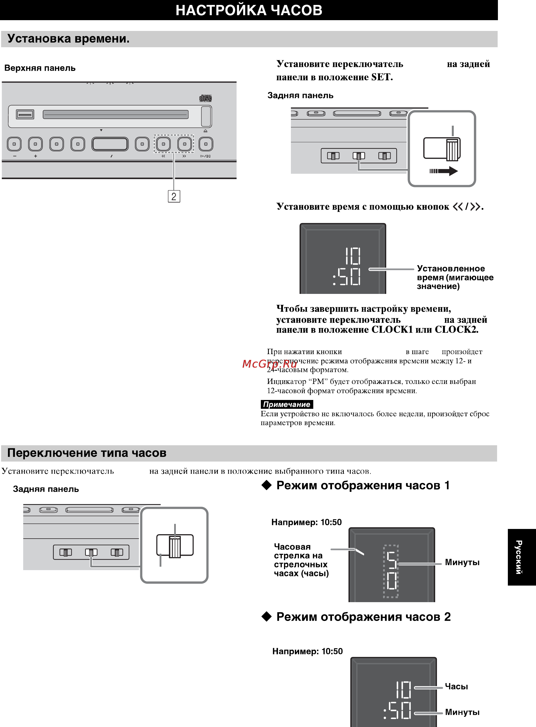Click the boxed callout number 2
click(174, 196)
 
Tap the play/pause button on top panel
click(206, 144)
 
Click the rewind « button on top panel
click(163, 144)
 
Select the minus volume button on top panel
click(14, 144)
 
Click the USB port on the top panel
click(25, 114)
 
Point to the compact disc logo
click(205, 98)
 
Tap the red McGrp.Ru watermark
click(270, 364)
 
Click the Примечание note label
click(287, 404)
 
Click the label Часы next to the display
click(456, 686)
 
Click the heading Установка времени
click(68, 39)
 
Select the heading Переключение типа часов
click(87, 453)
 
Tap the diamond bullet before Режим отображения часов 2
click(266, 616)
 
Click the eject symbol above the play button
click(205, 131)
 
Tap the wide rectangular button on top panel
click(110, 144)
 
